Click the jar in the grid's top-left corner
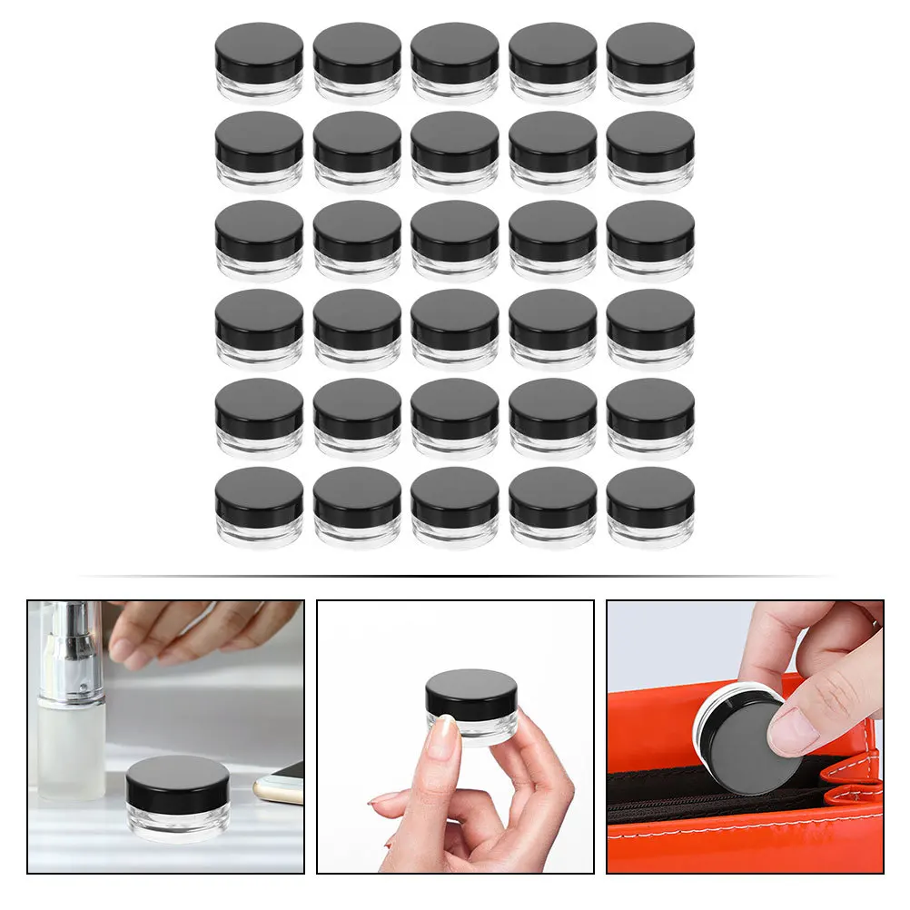point(259,62)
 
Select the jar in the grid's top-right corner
point(650,62)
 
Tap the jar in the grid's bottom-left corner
point(259,507)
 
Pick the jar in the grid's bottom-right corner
point(650,507)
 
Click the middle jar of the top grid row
point(455,62)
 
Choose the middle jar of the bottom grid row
point(455,507)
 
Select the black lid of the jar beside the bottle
point(177,781)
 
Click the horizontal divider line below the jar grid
point(454,576)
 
